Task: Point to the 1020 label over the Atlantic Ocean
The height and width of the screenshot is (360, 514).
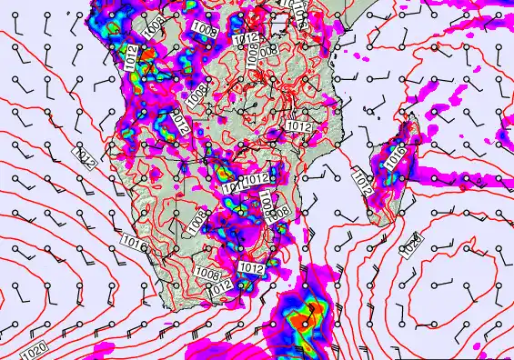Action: click(33, 349)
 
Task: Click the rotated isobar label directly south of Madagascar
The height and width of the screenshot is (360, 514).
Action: click(413, 244)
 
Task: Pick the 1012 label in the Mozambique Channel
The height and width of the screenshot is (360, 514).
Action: click(360, 185)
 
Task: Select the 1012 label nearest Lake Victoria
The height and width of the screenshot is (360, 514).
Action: click(244, 39)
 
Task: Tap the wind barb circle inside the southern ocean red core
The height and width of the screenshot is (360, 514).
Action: click(309, 310)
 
